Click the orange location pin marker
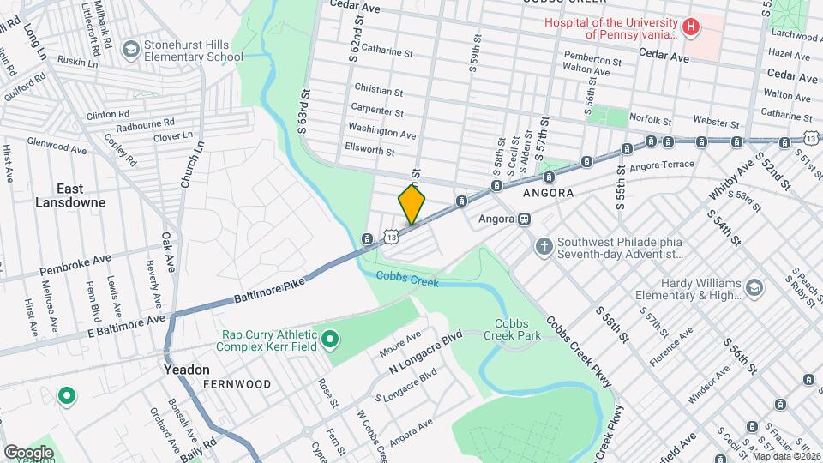[411, 204]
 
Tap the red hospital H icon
[691, 27]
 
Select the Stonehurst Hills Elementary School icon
[130, 51]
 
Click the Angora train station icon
[524, 219]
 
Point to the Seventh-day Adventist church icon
[543, 247]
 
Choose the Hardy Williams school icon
[754, 287]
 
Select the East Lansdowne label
[69, 195]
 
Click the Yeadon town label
[186, 370]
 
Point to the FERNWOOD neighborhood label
[237, 384]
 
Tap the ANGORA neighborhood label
[549, 194]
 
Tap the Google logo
[27, 452]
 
